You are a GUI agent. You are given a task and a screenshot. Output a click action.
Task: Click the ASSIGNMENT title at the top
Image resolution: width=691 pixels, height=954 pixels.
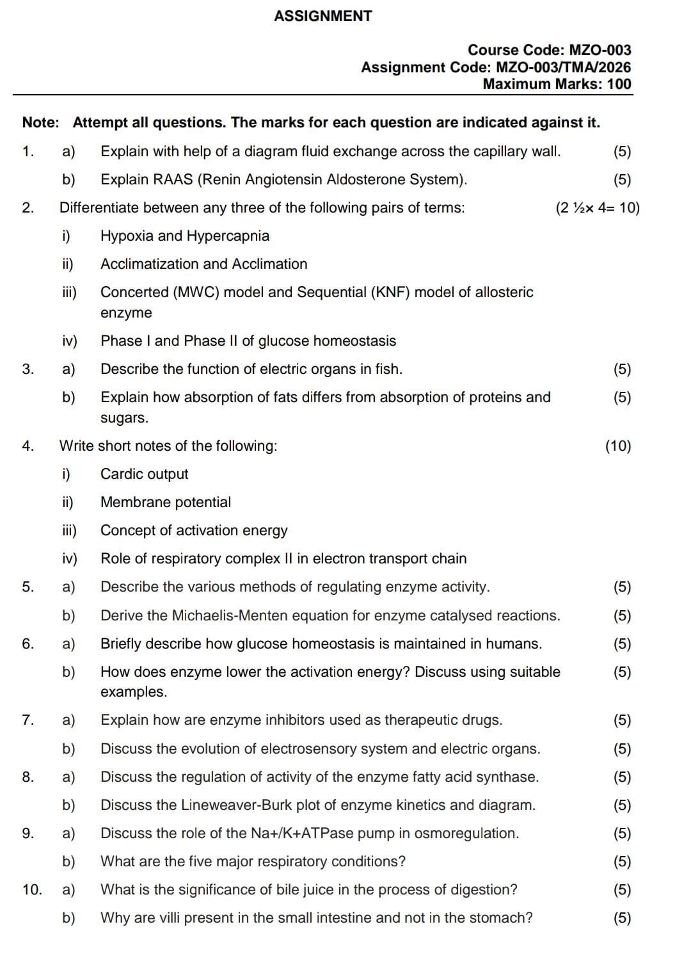point(322,17)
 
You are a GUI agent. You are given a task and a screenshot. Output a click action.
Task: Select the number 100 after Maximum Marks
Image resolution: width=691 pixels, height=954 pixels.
point(619,84)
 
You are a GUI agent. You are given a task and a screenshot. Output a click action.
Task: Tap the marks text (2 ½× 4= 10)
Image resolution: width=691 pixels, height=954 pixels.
point(598,208)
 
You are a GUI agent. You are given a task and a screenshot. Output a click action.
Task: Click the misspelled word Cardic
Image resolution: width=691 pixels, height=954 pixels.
point(122,474)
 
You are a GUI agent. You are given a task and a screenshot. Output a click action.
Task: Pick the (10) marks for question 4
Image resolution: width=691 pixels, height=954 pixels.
point(618,446)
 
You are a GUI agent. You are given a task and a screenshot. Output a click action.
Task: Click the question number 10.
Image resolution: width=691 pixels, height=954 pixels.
point(32,890)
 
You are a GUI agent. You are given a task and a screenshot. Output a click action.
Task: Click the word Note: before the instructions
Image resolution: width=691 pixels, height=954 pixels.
point(40,123)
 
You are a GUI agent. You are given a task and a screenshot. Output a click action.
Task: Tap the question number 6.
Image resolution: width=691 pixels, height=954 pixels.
point(28,644)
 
